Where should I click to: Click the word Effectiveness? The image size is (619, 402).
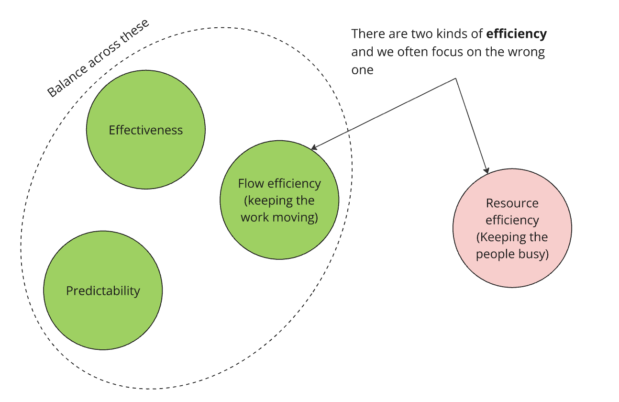pos(145,130)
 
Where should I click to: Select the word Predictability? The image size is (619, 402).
pos(103,291)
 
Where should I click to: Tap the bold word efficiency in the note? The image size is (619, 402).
pos(516,34)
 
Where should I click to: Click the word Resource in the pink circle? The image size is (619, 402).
pos(512,203)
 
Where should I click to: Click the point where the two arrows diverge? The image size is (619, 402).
pos(455,78)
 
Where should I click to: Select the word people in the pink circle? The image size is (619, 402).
pos(493,254)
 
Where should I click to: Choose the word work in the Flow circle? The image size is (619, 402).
pos(255,217)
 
